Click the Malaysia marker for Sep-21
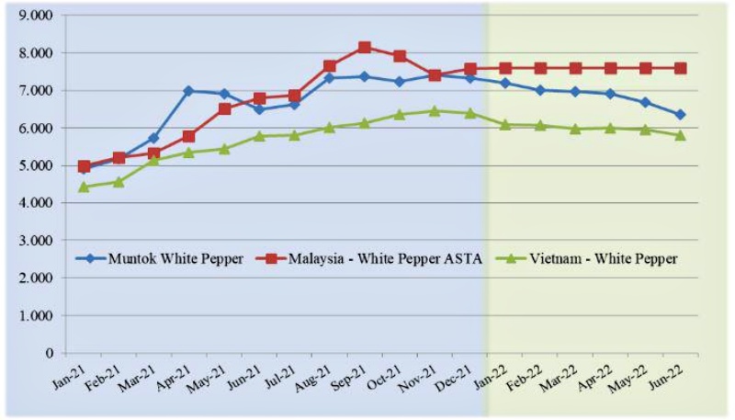[x=365, y=47]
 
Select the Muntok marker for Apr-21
[x=188, y=91]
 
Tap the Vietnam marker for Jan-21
[x=84, y=187]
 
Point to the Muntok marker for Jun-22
[x=680, y=115]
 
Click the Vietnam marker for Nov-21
[x=435, y=111]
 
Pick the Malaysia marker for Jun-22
[x=680, y=68]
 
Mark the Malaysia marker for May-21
[x=224, y=108]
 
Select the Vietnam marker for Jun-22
[x=680, y=135]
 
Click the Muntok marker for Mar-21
[x=153, y=138]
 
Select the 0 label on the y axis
[x=50, y=353]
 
